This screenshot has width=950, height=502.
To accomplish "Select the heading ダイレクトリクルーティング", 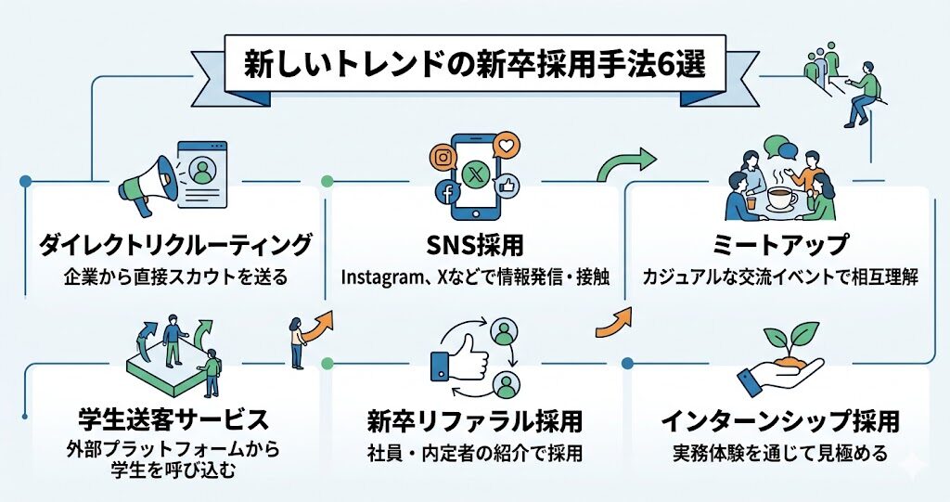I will point(175,244).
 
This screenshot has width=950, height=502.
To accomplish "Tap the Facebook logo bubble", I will point(447,193).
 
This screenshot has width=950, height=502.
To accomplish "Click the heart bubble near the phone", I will point(507,146).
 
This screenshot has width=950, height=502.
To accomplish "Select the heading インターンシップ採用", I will point(780,420).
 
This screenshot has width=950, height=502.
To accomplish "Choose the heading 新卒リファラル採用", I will point(474,421).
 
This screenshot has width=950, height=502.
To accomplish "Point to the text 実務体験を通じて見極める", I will point(780,455).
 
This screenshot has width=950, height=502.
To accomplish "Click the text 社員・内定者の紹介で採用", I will point(474,455).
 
